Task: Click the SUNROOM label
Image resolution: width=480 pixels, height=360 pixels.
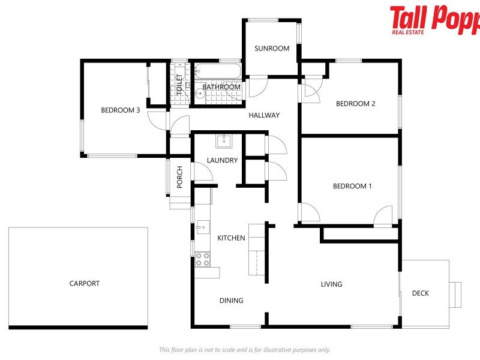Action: pyautogui.click(x=272, y=49)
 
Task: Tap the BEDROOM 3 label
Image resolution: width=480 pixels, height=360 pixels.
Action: pyautogui.click(x=121, y=110)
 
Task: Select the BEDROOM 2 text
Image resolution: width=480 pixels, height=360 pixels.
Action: pyautogui.click(x=355, y=104)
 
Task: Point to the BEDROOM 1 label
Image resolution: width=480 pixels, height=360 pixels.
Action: pyautogui.click(x=352, y=186)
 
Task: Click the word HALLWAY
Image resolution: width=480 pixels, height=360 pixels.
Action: pyautogui.click(x=264, y=115)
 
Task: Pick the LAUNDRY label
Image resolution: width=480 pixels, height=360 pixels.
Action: pyautogui.click(x=222, y=160)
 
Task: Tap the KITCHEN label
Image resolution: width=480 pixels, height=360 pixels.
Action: pyautogui.click(x=231, y=238)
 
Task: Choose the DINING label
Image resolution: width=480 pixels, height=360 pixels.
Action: pyautogui.click(x=231, y=301)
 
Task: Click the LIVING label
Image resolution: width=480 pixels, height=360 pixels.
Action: pyautogui.click(x=331, y=284)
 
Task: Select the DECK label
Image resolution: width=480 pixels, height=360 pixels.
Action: pyautogui.click(x=421, y=293)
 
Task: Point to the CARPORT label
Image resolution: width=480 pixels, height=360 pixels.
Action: pyautogui.click(x=85, y=284)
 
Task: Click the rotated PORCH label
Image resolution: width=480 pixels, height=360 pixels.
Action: pyautogui.click(x=179, y=177)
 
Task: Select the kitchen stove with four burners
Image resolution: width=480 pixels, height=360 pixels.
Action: pyautogui.click(x=203, y=259)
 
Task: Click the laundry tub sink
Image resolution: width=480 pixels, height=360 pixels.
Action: pyautogui.click(x=224, y=141)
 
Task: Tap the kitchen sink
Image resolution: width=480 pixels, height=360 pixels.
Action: pyautogui.click(x=202, y=227)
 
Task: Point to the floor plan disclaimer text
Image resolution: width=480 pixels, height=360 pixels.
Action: pyautogui.click(x=244, y=350)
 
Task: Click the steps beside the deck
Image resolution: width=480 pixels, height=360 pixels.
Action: pyautogui.click(x=455, y=295)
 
